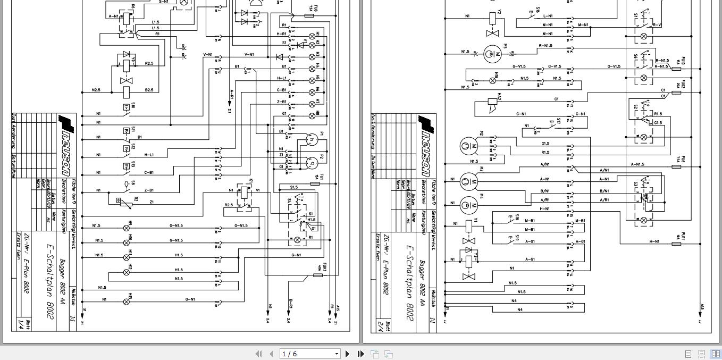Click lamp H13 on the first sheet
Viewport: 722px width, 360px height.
(x=127, y=302)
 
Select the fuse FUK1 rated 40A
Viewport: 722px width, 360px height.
(x=317, y=275)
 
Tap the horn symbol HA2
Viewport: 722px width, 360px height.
(x=492, y=104)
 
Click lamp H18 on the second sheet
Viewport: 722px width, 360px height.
(x=492, y=81)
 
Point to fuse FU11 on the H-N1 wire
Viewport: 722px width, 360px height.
(x=676, y=244)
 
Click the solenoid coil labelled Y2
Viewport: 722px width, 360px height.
(x=492, y=17)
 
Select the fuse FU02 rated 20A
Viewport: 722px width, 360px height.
(x=676, y=93)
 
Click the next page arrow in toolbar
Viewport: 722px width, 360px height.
(x=348, y=354)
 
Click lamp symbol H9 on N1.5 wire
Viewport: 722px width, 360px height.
(x=127, y=228)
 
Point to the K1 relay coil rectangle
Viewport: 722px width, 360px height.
(x=244, y=192)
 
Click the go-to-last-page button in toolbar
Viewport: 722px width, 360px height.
(x=360, y=354)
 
